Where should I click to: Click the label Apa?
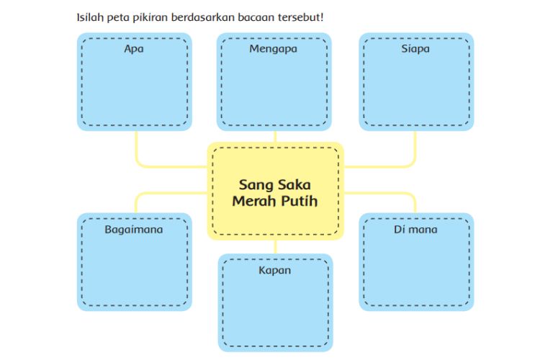134,49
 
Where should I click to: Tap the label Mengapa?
273,49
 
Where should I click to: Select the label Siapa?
415,49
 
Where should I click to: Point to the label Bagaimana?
134,230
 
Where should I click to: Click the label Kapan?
274,271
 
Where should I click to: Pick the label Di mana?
415,230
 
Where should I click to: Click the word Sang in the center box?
256,186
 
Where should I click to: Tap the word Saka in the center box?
294,184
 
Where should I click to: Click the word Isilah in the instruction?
90,17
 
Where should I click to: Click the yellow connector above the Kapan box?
275,247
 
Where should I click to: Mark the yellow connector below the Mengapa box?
275,136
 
